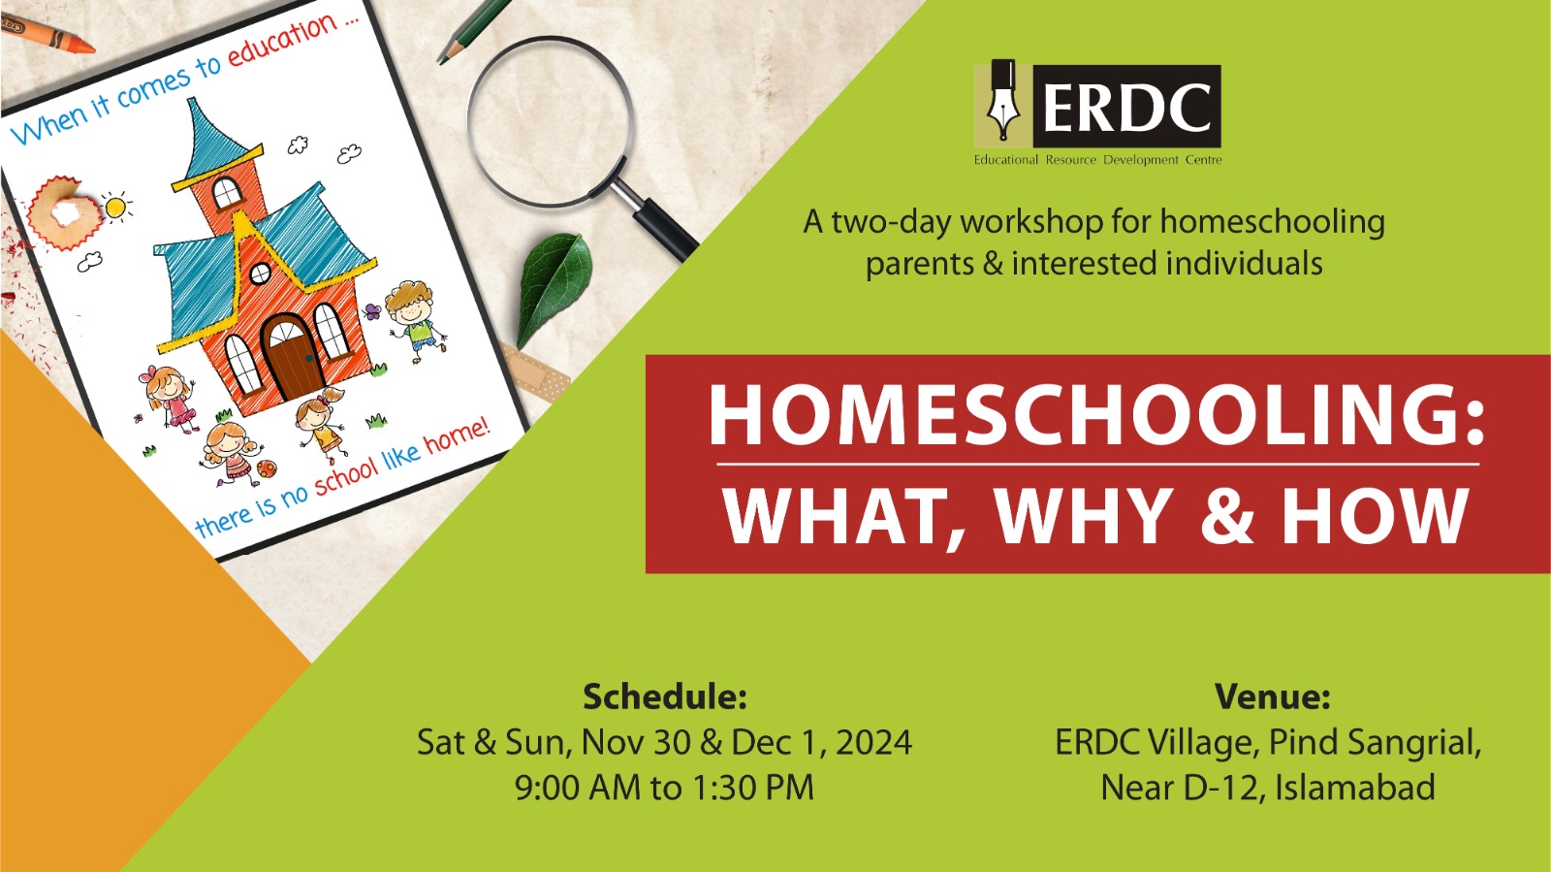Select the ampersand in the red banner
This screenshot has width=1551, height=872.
click(x=1227, y=515)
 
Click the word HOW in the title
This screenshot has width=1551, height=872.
click(x=1376, y=515)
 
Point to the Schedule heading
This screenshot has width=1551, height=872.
click(x=665, y=696)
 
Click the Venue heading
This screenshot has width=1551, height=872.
click(x=1272, y=696)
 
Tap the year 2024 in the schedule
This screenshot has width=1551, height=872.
click(x=873, y=742)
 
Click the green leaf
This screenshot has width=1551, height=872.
click(x=554, y=287)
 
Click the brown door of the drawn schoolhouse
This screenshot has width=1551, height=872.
click(x=292, y=358)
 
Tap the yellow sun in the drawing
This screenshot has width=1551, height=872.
click(x=116, y=207)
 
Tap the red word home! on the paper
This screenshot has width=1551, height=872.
click(x=457, y=436)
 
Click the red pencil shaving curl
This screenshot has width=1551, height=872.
click(x=64, y=212)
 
